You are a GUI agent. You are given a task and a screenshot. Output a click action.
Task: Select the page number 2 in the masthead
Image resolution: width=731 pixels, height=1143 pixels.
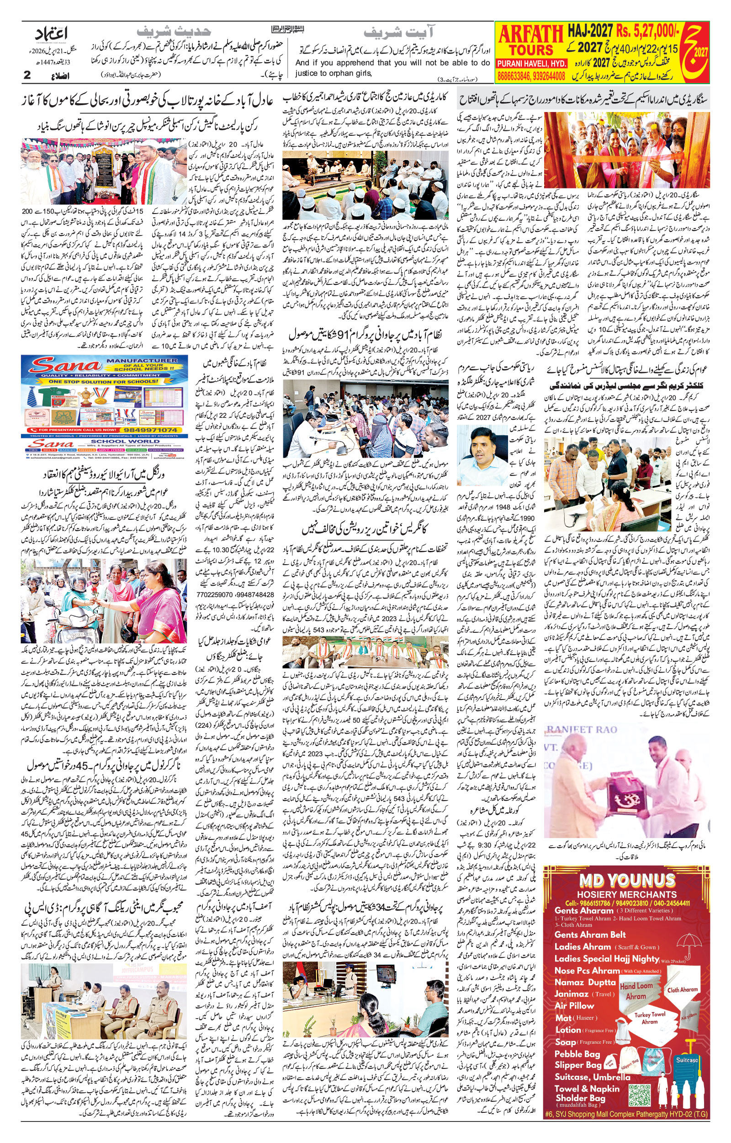tap(27, 75)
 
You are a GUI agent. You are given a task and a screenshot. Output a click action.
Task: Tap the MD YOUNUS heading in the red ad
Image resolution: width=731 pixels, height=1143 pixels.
tap(626, 881)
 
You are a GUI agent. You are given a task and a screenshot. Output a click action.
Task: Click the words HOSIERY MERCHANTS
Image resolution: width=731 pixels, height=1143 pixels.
tap(626, 894)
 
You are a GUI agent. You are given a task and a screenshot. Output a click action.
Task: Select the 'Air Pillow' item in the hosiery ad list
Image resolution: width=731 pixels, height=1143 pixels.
tap(574, 1005)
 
